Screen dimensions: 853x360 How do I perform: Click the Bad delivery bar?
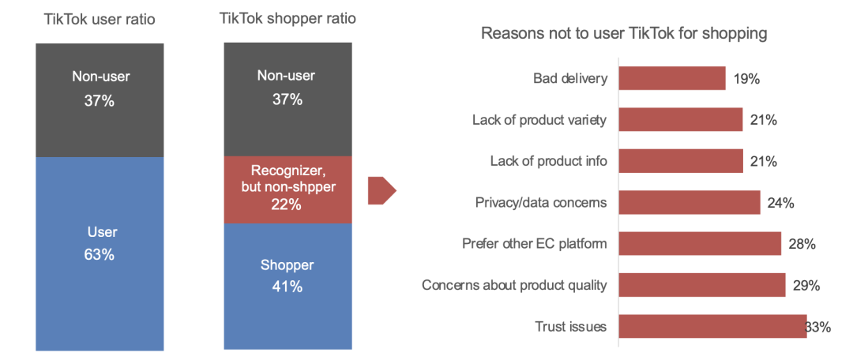click(672, 78)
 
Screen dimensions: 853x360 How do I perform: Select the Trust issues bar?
click(712, 326)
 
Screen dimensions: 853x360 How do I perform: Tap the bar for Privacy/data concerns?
click(690, 202)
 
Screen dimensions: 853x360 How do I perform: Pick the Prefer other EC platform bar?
click(700, 244)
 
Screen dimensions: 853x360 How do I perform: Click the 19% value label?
click(746, 79)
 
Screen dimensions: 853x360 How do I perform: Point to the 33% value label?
click(817, 327)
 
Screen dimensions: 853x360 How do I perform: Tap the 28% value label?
click(802, 244)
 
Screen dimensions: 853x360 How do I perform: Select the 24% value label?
click(780, 203)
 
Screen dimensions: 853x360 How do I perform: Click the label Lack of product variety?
click(539, 120)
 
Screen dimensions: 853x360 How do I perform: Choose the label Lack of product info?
click(548, 161)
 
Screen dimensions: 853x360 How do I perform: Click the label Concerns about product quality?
click(514, 285)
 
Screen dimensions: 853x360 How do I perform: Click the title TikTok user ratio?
click(100, 20)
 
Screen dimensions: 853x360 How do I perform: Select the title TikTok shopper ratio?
click(287, 18)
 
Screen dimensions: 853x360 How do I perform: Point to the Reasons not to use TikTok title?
click(624, 34)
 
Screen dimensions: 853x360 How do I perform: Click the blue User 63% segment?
click(100, 254)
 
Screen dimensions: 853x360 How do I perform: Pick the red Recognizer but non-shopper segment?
click(287, 190)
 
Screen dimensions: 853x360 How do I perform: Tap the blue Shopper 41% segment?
click(287, 287)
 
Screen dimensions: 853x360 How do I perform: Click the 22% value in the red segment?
click(287, 205)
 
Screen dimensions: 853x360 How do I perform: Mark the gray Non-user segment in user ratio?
click(100, 100)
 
